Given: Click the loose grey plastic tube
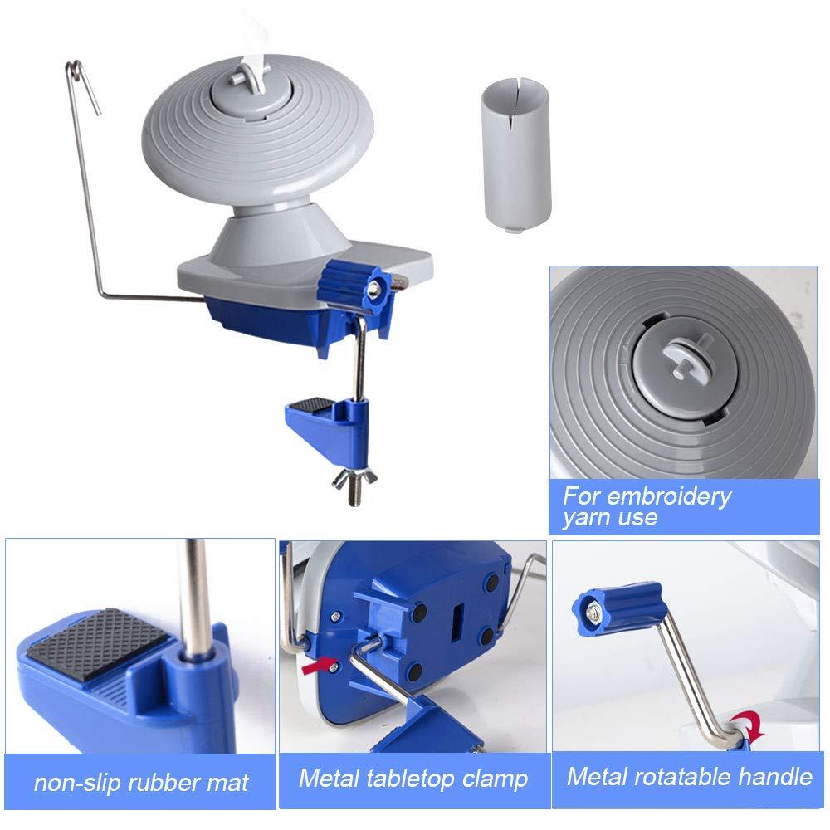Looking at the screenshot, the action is pyautogui.click(x=516, y=154).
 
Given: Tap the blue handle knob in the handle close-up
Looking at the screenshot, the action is pyautogui.click(x=618, y=608).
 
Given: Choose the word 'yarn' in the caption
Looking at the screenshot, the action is pyautogui.click(x=585, y=517).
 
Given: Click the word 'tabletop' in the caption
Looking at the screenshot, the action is pyautogui.click(x=411, y=779).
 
